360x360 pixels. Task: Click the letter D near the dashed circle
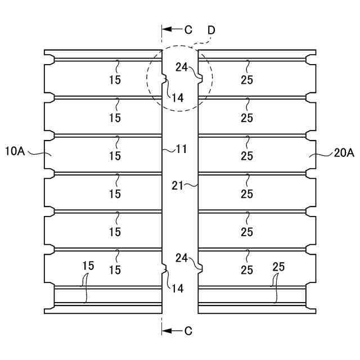click(x=212, y=28)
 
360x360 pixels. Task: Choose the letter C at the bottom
click(x=188, y=331)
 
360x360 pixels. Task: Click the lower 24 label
click(x=181, y=258)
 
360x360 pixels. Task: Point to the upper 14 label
click(x=177, y=97)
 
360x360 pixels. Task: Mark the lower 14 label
click(x=177, y=289)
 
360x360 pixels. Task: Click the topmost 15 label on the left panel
click(x=115, y=80)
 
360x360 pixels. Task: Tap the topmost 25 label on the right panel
click(x=246, y=80)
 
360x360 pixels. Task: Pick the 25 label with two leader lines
click(x=278, y=267)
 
